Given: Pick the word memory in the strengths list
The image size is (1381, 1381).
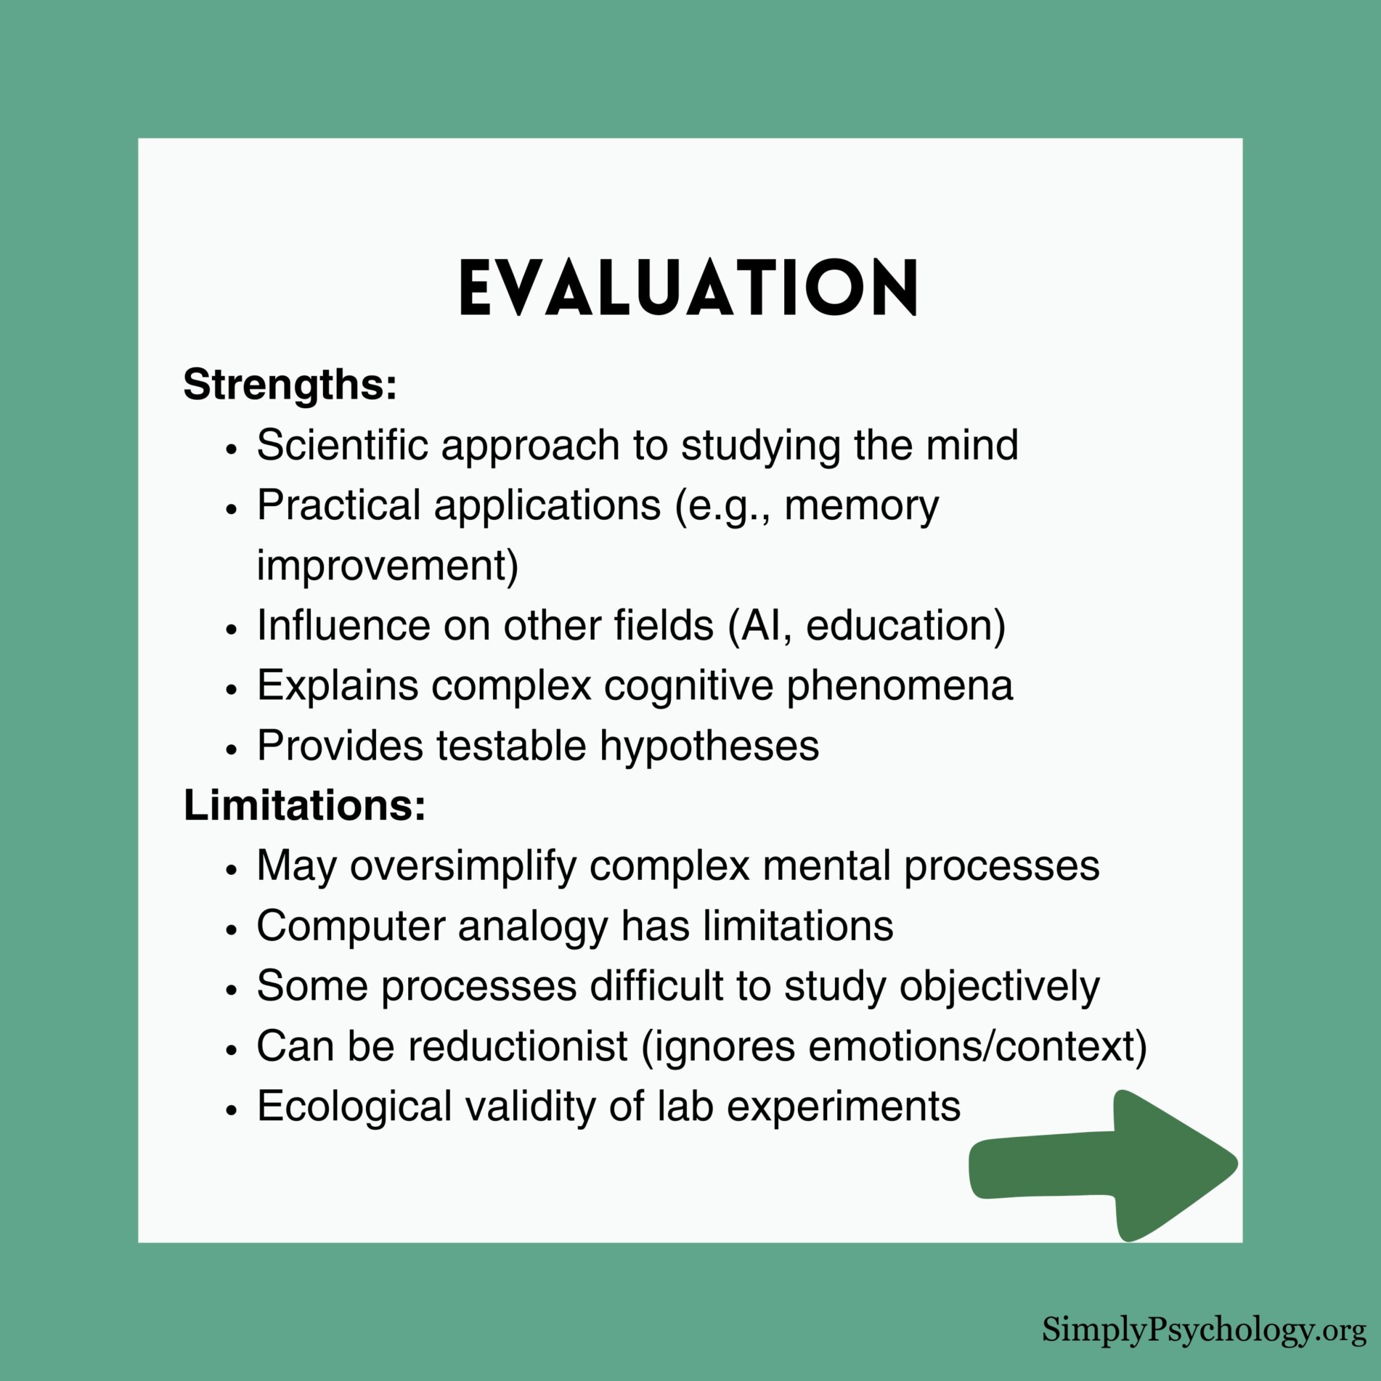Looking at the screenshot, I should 861,505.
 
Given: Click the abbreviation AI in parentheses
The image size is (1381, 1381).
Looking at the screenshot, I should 759,625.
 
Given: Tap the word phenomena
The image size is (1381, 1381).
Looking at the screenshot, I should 900,685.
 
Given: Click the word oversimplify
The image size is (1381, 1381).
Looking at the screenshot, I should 463,866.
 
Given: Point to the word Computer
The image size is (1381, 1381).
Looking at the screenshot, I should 351,926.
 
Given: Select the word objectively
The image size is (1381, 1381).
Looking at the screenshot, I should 1000,987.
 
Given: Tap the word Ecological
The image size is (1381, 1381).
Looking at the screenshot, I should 354,1107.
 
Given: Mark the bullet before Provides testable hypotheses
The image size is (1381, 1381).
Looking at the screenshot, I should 232,749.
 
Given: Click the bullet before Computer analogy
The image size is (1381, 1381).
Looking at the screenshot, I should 232,929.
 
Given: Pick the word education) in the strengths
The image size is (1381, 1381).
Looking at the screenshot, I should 905,625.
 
